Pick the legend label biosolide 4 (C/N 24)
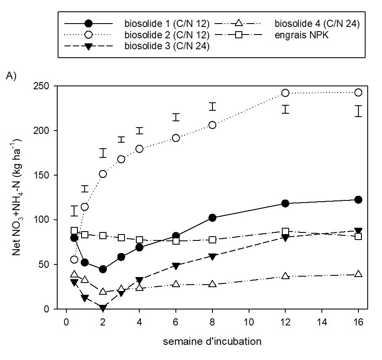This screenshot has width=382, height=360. (317, 24)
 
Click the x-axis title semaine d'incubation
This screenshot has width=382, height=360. (212, 341)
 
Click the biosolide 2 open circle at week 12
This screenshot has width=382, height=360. (285, 93)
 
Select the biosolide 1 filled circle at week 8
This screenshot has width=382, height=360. (212, 218)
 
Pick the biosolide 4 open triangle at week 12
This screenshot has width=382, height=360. (285, 276)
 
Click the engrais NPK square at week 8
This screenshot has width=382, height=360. (212, 240)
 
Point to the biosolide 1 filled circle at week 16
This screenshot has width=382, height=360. (358, 200)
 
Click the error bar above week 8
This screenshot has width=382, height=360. (212, 106)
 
